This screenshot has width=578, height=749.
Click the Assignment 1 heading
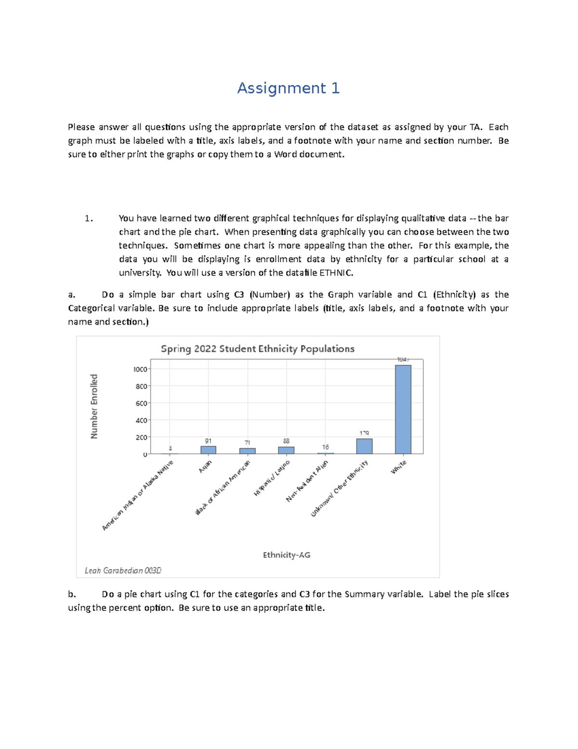point(288,88)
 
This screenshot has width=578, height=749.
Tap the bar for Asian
point(208,450)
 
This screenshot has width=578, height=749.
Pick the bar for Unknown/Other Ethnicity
point(364,446)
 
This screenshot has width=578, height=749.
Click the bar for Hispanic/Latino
point(286,450)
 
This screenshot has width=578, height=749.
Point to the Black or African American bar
point(248,451)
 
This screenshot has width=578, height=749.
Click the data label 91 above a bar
point(208,441)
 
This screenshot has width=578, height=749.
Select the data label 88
point(286,441)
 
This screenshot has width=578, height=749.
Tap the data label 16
point(326,447)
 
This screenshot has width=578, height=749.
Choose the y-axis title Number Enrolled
point(94,406)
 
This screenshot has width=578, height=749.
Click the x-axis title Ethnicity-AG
point(287,555)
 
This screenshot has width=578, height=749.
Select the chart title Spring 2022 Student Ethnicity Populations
point(257,349)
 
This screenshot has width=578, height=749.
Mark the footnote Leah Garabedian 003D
point(123,571)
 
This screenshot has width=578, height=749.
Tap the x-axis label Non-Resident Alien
point(307,481)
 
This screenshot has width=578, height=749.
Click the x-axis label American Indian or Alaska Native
point(137,495)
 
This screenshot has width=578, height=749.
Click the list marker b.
point(72,594)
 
